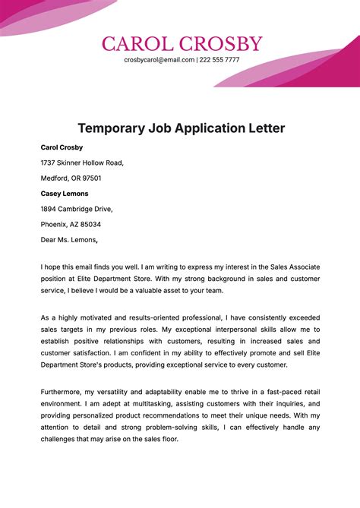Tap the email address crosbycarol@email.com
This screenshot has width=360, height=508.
(x=159, y=59)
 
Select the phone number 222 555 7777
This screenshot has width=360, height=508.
(x=220, y=59)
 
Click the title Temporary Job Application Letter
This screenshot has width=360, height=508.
(x=181, y=128)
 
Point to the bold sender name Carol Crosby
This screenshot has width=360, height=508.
(x=62, y=147)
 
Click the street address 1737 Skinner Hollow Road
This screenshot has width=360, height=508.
(x=82, y=162)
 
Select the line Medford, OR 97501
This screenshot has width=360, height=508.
(x=71, y=178)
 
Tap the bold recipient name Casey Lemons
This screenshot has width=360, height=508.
(x=65, y=194)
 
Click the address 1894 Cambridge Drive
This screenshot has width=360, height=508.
(x=76, y=209)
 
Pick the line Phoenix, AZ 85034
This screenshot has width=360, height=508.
(x=71, y=225)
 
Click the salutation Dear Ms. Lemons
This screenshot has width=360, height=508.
(x=69, y=240)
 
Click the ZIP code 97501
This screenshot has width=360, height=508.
(x=89, y=178)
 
